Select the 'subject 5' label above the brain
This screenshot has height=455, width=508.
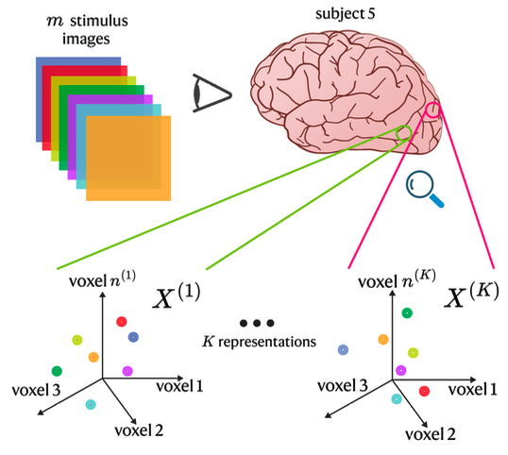click(x=343, y=15)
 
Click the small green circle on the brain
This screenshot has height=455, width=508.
click(x=403, y=132)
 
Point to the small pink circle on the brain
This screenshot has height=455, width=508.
click(x=432, y=110)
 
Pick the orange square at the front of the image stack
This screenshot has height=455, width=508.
click(x=128, y=158)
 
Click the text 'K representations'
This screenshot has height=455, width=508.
click(x=260, y=341)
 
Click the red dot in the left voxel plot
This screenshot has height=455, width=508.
click(x=121, y=323)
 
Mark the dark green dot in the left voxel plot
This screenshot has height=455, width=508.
click(x=57, y=369)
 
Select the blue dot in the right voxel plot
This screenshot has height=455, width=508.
click(x=344, y=349)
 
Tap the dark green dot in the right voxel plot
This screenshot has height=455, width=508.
click(x=406, y=312)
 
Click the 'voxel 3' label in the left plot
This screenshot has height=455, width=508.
click(x=37, y=389)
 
